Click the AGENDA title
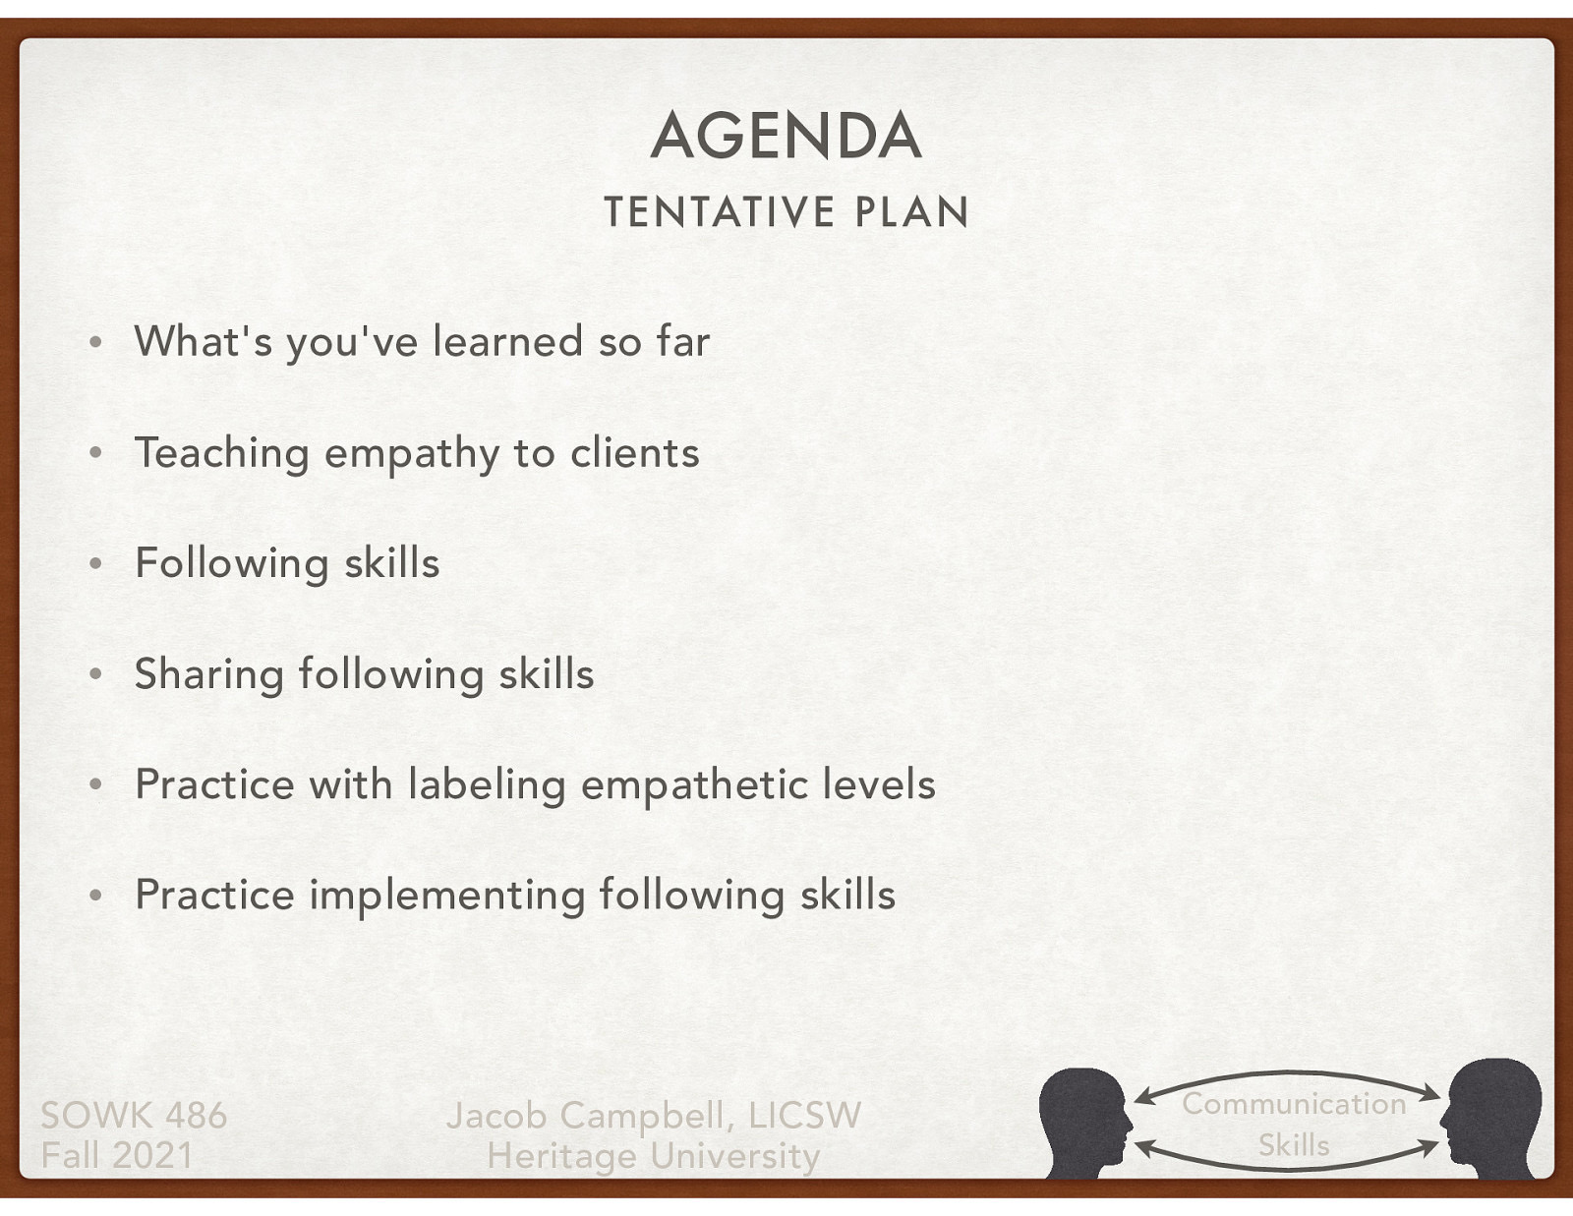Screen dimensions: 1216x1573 (786, 136)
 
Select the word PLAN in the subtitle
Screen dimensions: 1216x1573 (912, 212)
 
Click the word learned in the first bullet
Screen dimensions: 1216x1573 (508, 341)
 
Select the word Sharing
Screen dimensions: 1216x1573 (208, 675)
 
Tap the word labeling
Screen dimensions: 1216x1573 (487, 785)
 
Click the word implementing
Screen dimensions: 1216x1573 (447, 896)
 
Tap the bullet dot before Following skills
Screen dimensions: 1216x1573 (95, 564)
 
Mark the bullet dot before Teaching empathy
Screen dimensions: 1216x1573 (95, 454)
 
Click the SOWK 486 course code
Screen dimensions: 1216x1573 (134, 1116)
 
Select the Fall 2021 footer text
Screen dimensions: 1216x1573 (117, 1155)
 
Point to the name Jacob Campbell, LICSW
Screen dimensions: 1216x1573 (654, 1116)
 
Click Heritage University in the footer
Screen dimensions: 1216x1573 (654, 1156)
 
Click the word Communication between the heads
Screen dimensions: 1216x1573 (1294, 1104)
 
